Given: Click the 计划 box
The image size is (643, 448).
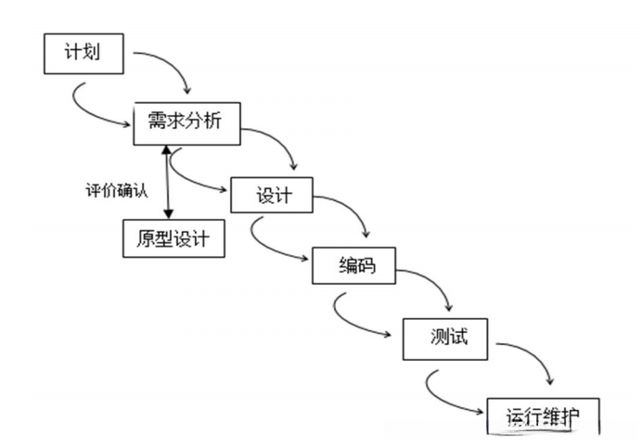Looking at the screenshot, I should [x=84, y=55].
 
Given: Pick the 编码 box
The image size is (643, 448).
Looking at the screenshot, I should [x=354, y=266].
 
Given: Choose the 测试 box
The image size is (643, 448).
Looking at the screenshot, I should [x=446, y=337].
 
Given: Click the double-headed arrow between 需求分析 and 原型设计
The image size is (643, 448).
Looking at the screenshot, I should [x=165, y=181].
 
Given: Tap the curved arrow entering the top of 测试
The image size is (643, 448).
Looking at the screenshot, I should [x=431, y=283].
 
